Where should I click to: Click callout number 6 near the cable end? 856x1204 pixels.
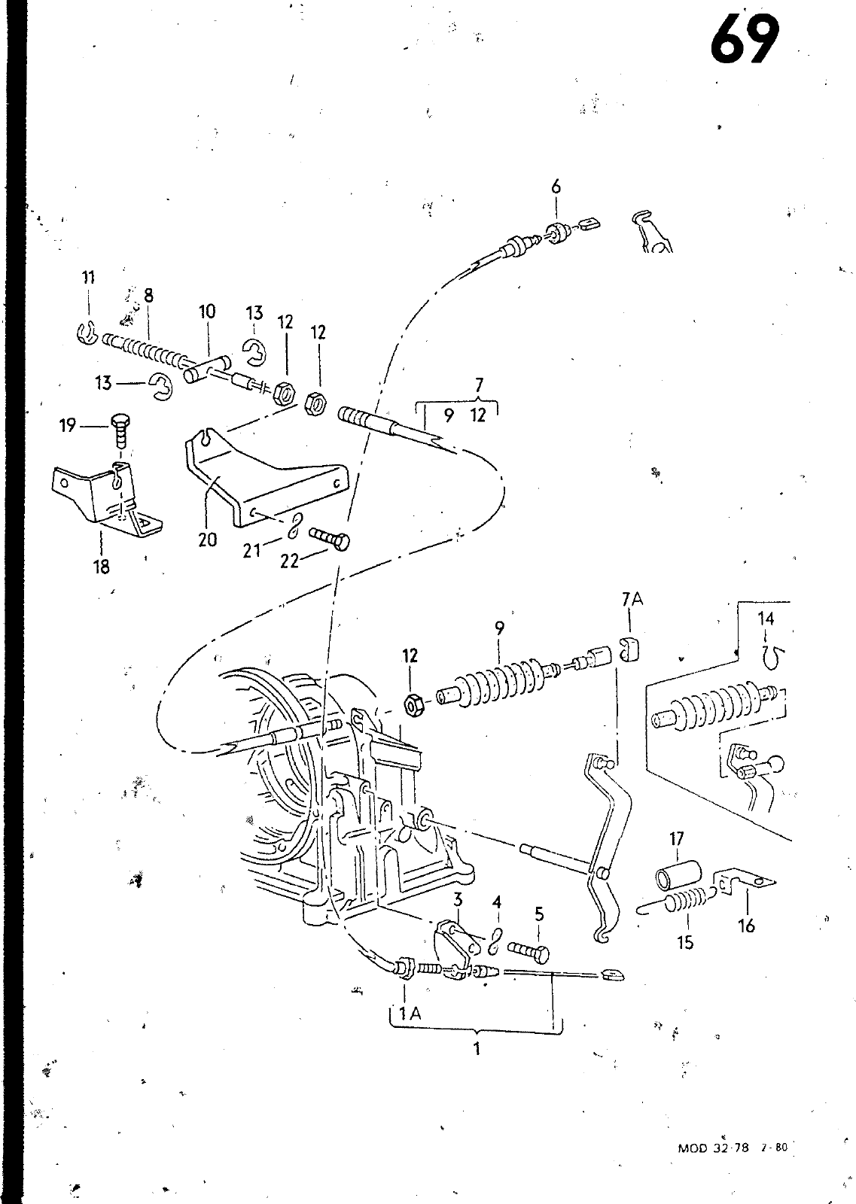click(x=556, y=187)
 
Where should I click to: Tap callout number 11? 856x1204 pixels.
click(x=88, y=278)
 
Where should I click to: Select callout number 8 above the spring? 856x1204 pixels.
click(x=148, y=295)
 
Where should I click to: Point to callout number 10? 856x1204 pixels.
click(x=207, y=312)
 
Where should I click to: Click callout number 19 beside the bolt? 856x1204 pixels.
click(x=68, y=426)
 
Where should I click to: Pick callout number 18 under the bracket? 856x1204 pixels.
click(x=101, y=567)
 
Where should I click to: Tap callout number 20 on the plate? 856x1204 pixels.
click(x=208, y=539)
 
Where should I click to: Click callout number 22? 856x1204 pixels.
click(x=289, y=561)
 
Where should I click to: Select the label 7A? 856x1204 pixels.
click(x=632, y=599)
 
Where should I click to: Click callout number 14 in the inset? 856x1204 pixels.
click(x=766, y=619)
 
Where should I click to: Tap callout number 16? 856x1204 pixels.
click(x=747, y=925)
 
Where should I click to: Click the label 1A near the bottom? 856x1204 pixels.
click(x=410, y=1013)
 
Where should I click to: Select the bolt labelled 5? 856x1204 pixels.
click(x=528, y=953)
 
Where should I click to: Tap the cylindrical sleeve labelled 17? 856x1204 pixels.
click(x=678, y=874)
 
